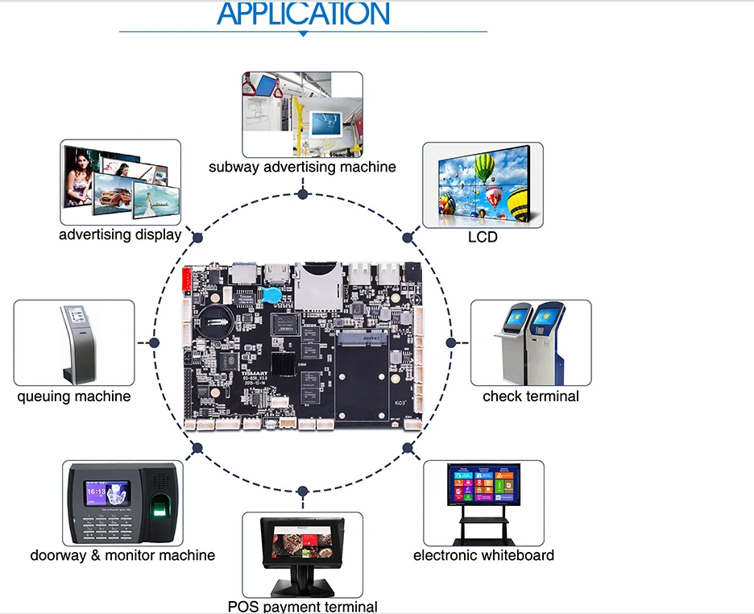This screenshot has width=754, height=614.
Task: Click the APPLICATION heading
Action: (303, 14)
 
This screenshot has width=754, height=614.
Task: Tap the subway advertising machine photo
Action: (302, 114)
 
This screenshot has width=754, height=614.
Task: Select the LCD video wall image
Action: (483, 185)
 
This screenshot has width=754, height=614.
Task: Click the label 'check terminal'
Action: (531, 396)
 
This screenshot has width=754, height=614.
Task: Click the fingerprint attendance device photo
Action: (122, 503)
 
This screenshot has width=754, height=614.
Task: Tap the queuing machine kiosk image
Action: (74, 342)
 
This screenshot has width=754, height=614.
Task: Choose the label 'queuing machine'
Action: (74, 396)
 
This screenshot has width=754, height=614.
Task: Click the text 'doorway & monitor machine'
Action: (122, 555)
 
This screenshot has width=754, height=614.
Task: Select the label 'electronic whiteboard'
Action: (483, 555)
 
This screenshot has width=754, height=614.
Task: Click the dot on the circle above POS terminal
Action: (302, 491)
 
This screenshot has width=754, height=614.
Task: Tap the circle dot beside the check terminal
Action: (451, 342)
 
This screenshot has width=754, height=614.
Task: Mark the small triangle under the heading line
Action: (303, 35)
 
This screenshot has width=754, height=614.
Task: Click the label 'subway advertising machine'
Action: (302, 167)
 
